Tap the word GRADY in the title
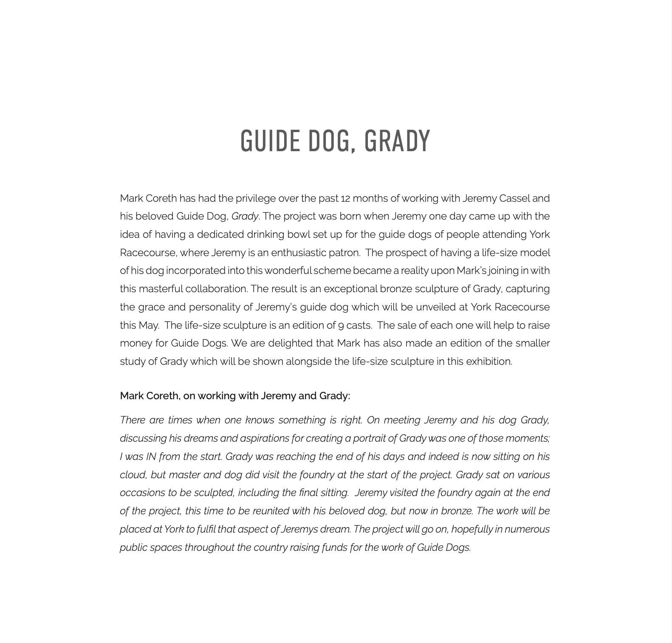click(397, 141)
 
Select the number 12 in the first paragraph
click(345, 198)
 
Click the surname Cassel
click(514, 198)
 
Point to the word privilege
click(256, 198)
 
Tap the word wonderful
click(288, 271)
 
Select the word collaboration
click(216, 289)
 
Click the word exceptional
click(350, 289)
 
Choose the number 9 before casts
click(341, 326)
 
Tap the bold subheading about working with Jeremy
click(235, 396)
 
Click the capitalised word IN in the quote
click(151, 457)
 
